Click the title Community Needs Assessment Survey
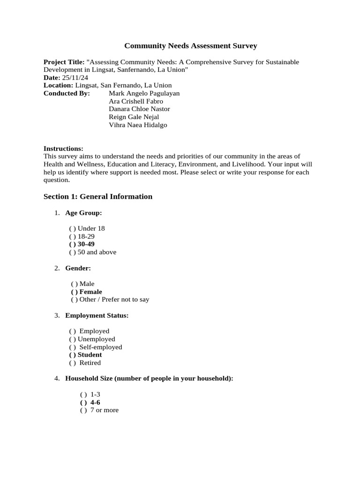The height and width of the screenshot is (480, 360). [x=190, y=46]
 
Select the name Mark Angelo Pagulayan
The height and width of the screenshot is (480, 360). [x=144, y=93]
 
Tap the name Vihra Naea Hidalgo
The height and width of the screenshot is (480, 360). [x=137, y=125]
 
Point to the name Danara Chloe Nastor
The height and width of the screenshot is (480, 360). [x=139, y=109]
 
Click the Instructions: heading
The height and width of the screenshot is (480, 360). [x=63, y=149]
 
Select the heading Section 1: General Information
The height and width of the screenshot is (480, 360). [x=98, y=196]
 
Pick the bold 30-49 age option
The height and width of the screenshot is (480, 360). [x=82, y=244]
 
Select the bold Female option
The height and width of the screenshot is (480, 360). [x=86, y=292]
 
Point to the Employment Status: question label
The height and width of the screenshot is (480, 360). [x=97, y=315]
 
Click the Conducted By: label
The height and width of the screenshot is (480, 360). [x=67, y=93]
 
